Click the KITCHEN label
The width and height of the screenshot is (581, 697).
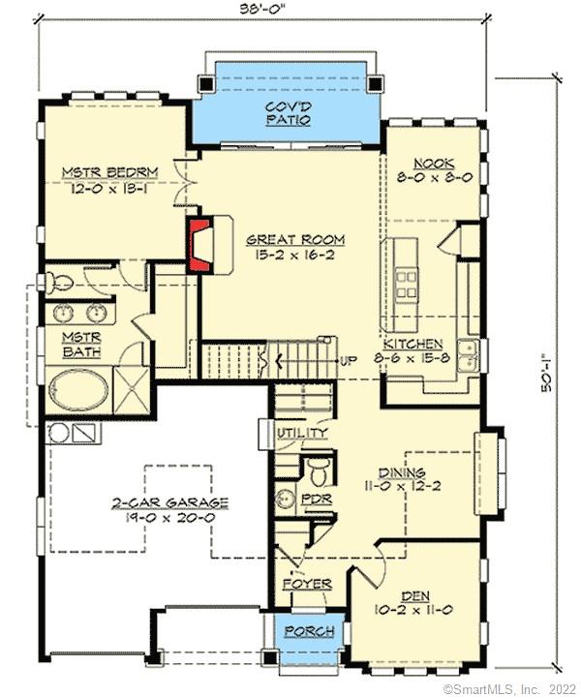pyautogui.click(x=413, y=344)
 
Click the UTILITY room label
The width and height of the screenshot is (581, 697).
pyautogui.click(x=302, y=433)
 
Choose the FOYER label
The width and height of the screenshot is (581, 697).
pyautogui.click(x=307, y=585)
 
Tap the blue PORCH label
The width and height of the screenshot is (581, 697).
pyautogui.click(x=309, y=631)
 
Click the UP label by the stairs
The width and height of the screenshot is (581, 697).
pyautogui.click(x=350, y=362)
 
